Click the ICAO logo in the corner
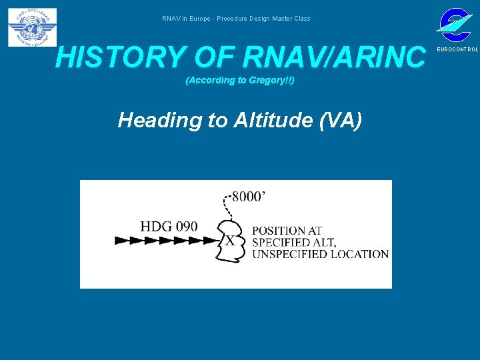tap(32, 27)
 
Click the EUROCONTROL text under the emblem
tap(457, 50)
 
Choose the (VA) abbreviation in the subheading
tap(341, 120)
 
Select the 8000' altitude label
tap(249, 197)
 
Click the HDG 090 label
tap(169, 226)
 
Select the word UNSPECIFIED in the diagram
tap(290, 254)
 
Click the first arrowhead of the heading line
tap(121, 241)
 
